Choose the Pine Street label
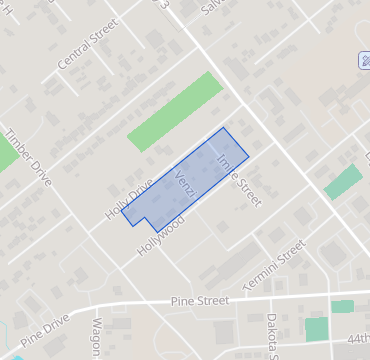tap(200, 300)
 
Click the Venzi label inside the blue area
tap(184, 185)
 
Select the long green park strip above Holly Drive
tap(175, 111)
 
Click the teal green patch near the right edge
tap(343, 182)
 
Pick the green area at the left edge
tap(7, 150)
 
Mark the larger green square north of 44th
tap(317, 328)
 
